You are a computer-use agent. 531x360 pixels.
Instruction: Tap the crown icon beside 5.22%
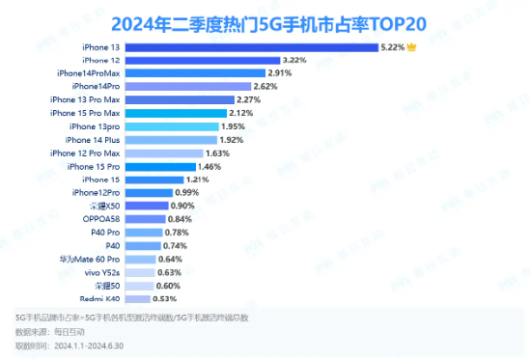pos(413,46)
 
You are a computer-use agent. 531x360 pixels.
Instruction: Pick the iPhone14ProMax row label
pos(89,73)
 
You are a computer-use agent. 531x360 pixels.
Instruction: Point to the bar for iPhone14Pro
pos(187,87)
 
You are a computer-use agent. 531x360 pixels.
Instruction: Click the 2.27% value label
pos(250,99)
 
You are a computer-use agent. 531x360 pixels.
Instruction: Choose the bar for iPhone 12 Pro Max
pos(164,152)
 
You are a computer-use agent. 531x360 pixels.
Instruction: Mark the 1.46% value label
pos(212,167)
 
